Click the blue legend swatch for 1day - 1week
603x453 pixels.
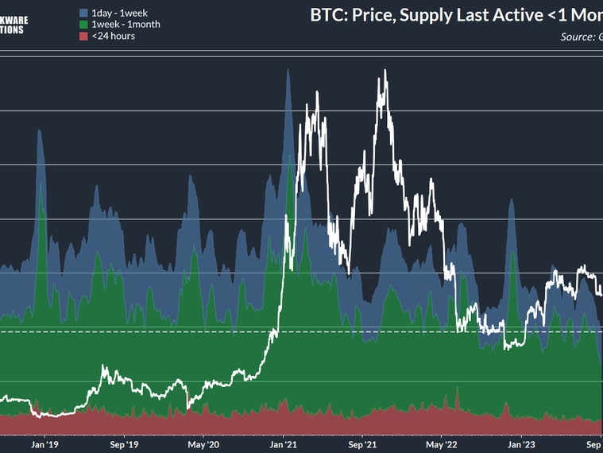(x=84, y=13)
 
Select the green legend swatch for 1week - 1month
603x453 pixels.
(x=84, y=24)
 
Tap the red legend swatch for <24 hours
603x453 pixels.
(x=84, y=36)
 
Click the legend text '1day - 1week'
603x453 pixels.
(x=119, y=13)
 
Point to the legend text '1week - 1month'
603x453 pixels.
(x=126, y=24)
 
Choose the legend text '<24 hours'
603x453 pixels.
(x=113, y=36)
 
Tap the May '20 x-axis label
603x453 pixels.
(x=202, y=444)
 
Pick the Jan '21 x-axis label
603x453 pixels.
(x=284, y=444)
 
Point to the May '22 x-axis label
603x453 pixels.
(x=440, y=444)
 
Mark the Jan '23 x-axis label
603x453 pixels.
(x=521, y=444)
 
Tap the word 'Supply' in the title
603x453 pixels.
(x=437, y=15)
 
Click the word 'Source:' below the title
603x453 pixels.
(x=578, y=37)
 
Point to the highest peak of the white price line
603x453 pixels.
(x=385, y=72)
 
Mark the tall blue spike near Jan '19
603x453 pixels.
(x=38, y=130)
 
